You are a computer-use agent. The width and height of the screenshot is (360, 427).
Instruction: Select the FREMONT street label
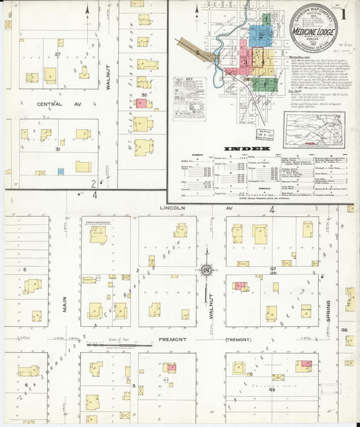(172, 339)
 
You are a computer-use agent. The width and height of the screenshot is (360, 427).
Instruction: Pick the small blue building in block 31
(61, 172)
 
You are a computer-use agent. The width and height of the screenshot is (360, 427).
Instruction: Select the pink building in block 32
(140, 103)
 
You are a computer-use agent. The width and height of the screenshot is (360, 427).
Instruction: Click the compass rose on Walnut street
(205, 271)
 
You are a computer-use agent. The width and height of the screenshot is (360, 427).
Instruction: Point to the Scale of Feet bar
(109, 345)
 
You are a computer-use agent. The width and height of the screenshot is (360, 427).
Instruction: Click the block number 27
(59, 54)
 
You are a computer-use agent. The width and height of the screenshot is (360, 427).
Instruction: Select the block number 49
(273, 390)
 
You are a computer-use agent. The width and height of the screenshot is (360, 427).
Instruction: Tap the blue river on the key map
(218, 64)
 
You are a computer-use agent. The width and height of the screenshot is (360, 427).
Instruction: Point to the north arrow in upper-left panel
(197, 11)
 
